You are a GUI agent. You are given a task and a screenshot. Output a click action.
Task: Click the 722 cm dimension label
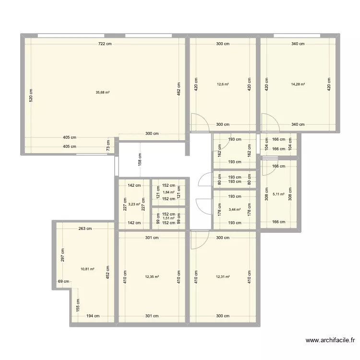tap(105, 44)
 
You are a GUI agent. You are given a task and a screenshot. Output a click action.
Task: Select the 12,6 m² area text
tap(223, 84)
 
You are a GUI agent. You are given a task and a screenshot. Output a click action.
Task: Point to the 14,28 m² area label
tap(298, 84)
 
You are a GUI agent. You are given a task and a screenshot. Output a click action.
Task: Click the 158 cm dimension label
tap(140, 159)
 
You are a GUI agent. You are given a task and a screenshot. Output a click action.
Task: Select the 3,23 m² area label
tap(134, 204)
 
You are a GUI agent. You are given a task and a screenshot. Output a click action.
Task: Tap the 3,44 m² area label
tap(235, 209)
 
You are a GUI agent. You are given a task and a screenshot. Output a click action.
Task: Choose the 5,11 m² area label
tap(278, 195)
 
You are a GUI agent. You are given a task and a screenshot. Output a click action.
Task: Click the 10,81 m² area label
tap(87, 269)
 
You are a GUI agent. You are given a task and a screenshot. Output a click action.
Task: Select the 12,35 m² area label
tap(152, 276)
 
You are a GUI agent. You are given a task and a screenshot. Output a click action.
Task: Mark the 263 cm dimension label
tap(85, 228)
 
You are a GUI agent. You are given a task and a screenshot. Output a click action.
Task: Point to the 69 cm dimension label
tap(60, 282)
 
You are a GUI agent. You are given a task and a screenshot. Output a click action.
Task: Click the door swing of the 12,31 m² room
tap(198, 240)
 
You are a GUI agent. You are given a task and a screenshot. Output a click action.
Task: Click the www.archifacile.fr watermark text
tap(330, 341)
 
